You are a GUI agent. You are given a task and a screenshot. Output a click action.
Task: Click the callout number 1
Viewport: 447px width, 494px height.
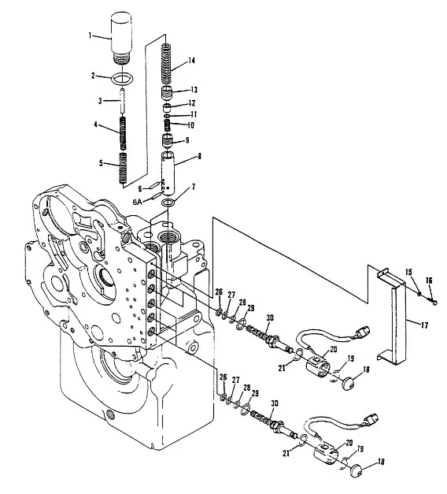pyautogui.click(x=90, y=35)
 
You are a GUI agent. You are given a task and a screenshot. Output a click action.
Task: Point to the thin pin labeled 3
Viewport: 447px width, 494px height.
pyautogui.click(x=123, y=102)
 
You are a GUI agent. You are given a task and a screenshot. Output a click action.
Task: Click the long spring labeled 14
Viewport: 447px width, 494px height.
pyautogui.click(x=167, y=63)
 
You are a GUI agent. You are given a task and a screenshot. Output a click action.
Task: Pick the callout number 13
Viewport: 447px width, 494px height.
pyautogui.click(x=194, y=90)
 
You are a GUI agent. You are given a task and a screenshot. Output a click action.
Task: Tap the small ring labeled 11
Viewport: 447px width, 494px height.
pyautogui.click(x=168, y=117)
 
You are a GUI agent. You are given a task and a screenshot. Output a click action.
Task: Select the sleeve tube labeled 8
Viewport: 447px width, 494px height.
pyautogui.click(x=168, y=173)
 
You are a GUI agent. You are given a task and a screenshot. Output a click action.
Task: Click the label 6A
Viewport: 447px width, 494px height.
pyautogui.click(x=137, y=202)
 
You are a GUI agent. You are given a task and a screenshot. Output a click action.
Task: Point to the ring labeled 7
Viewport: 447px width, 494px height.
pyautogui.click(x=167, y=203)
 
